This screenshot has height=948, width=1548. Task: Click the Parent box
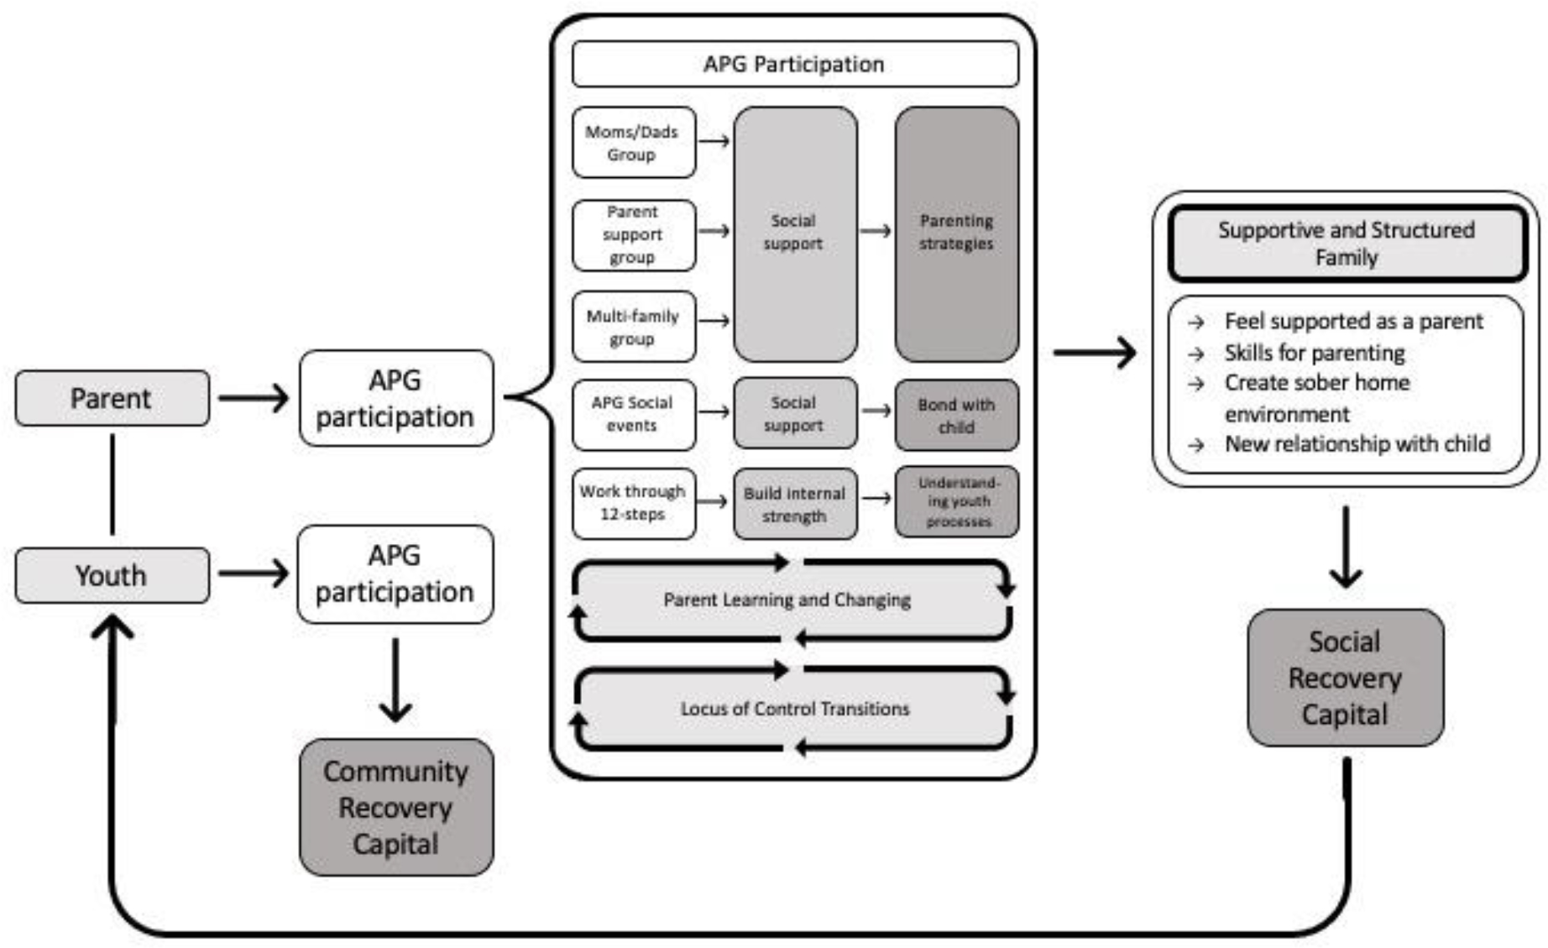point(112,398)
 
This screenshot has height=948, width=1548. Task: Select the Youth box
point(112,575)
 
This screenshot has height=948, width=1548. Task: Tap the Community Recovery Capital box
point(396,807)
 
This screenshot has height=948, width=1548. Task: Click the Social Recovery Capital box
point(1345,678)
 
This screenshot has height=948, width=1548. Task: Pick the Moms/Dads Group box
point(633,143)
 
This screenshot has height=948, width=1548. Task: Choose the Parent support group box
point(633,235)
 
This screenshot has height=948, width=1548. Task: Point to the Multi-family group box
point(633,327)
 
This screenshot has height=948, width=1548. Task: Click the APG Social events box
point(633,414)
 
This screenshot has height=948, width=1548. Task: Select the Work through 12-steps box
point(633,502)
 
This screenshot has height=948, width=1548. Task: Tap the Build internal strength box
point(794,504)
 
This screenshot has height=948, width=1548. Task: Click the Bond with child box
point(956,416)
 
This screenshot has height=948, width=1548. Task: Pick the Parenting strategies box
point(956,233)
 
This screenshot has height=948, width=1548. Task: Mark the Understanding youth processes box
point(957,502)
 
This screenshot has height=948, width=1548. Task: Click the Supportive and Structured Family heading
point(1346,244)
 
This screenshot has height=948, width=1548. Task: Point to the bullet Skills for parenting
point(1314,353)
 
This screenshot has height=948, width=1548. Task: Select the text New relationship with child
point(1357,443)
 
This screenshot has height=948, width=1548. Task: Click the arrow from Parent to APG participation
point(254,398)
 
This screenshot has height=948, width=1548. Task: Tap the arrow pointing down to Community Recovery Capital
point(395,680)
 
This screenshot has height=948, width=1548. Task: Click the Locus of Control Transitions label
point(794,709)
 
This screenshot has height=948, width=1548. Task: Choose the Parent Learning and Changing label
point(787,600)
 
